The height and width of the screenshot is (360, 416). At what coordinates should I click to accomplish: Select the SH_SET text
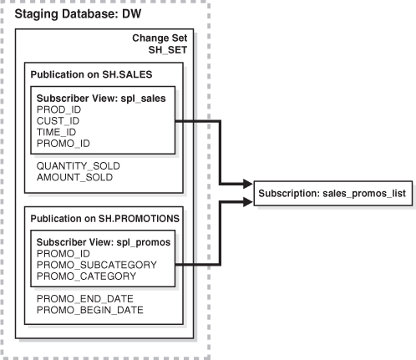171,52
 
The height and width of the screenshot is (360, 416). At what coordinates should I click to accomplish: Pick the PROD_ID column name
58,110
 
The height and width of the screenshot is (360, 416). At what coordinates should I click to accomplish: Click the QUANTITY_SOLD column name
77,165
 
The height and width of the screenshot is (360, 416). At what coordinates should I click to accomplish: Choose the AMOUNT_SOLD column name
74,177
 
